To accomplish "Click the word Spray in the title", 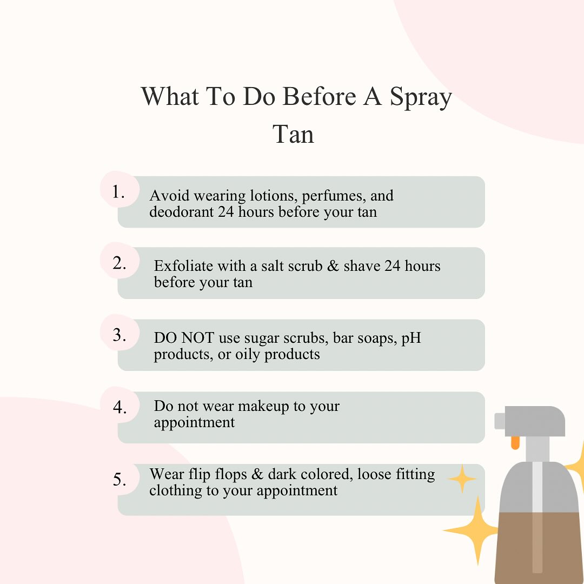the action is (421, 97).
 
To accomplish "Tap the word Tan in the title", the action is (293, 134).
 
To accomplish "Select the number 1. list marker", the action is (118, 192).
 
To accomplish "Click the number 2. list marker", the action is (119, 263).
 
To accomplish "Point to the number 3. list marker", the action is (119, 335).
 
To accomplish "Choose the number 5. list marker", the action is (119, 479).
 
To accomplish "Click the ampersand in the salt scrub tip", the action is (333, 266).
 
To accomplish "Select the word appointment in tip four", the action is (194, 423).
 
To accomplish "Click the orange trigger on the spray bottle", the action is (515, 442).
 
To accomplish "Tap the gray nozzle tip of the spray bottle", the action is (500, 421).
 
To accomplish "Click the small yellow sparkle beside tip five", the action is (462, 479).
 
